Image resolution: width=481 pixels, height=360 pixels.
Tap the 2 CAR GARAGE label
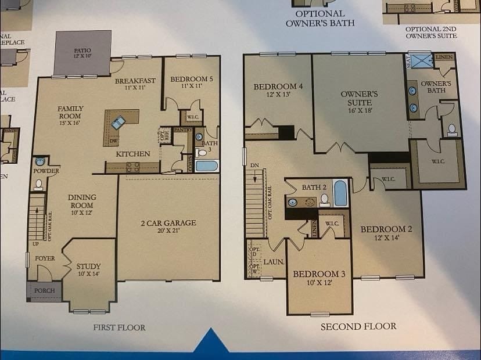168,223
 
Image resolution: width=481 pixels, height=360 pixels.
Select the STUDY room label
88,267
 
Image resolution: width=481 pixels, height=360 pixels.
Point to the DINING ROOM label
82,201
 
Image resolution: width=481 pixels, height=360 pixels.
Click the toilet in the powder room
38,185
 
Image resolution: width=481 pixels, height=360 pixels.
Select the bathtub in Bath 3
206,166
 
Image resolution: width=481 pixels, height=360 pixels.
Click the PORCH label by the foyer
45,290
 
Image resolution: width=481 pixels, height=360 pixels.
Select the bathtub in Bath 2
340,195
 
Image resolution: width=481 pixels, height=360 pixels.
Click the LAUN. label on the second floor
274,262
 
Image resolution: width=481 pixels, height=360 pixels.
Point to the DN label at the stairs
254,165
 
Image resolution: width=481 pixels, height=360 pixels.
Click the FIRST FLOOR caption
119,327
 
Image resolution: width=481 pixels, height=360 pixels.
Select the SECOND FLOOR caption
358,326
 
